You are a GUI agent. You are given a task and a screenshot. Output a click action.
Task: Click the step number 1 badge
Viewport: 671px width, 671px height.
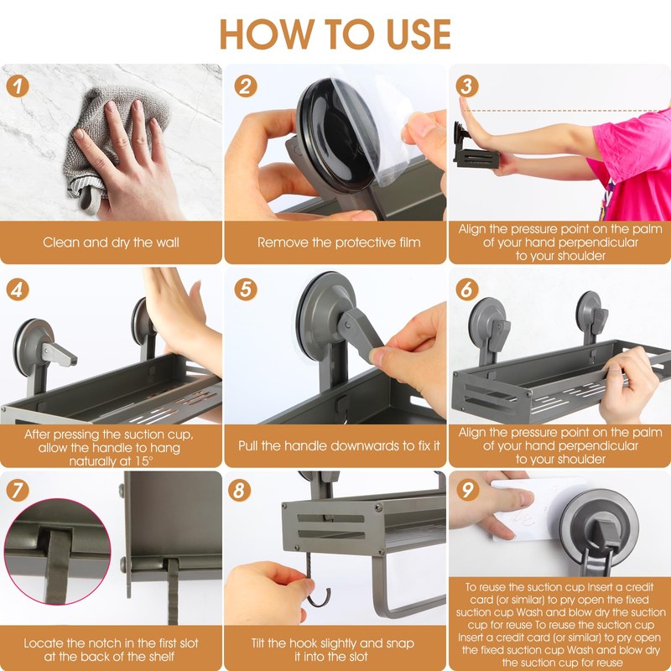point(18,86)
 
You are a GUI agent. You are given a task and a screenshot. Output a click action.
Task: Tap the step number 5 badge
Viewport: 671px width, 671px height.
point(246,289)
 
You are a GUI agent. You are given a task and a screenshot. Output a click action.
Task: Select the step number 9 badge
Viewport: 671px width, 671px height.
point(467,491)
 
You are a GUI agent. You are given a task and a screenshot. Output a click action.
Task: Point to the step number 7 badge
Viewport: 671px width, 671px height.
point(18,491)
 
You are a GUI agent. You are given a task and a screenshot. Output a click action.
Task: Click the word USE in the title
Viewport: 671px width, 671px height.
point(419,34)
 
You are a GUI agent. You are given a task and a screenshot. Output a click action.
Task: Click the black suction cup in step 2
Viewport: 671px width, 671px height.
point(338,135)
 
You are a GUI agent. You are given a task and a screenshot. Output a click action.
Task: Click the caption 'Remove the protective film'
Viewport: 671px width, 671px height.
point(339,242)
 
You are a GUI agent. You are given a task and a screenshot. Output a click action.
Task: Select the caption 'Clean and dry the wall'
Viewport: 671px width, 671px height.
point(111,242)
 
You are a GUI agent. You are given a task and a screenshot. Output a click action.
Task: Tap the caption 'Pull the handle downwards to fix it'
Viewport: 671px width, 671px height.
point(339,446)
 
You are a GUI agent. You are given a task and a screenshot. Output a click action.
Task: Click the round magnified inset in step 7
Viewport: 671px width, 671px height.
point(57,552)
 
